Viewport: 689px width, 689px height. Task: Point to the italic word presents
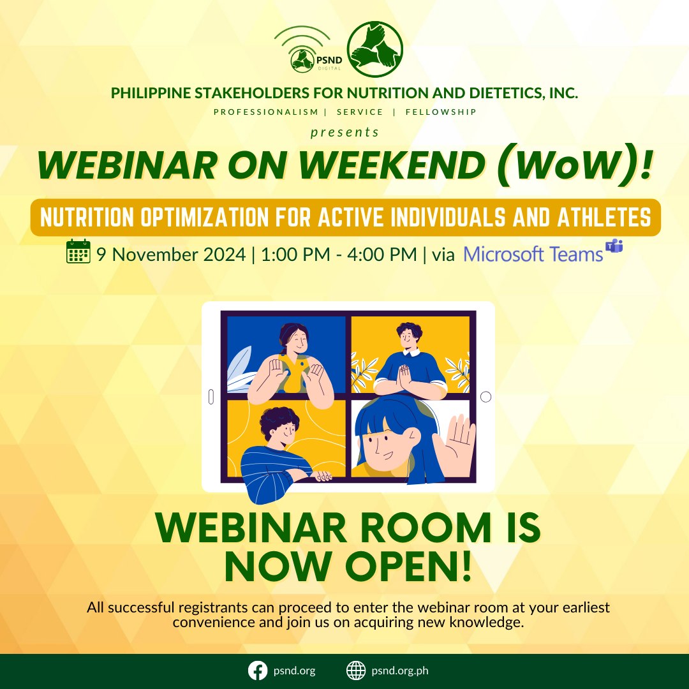click(x=344, y=132)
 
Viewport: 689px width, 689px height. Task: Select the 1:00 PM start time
click(x=287, y=255)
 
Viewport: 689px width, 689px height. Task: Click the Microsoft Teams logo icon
click(x=614, y=246)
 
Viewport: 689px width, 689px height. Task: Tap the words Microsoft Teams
click(x=533, y=255)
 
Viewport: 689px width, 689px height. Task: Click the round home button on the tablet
click(x=485, y=397)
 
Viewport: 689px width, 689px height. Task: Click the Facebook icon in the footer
click(x=256, y=671)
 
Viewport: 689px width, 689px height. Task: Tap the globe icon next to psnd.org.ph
click(x=355, y=671)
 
